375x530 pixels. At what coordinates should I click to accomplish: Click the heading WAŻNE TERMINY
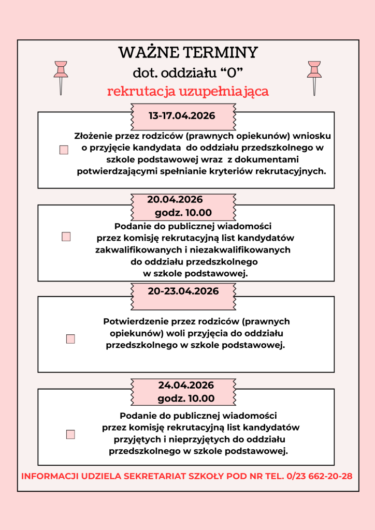tap(187, 53)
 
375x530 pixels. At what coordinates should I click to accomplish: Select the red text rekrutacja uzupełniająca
tap(187, 92)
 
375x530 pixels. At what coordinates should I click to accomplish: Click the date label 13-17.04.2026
tap(182, 116)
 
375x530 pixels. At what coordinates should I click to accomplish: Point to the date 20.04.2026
tap(175, 200)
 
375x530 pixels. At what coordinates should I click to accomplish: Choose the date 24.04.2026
tap(186, 386)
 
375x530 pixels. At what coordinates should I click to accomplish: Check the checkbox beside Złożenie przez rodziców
tap(64, 150)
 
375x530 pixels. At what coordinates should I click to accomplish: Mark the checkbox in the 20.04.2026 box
tap(66, 237)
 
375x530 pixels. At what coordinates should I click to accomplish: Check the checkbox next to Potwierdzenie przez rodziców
tap(70, 339)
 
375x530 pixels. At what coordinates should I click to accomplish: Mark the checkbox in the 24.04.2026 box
tap(70, 434)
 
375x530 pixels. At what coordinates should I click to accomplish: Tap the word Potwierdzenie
tap(137, 321)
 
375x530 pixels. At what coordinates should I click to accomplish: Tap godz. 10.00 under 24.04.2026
tap(186, 399)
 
